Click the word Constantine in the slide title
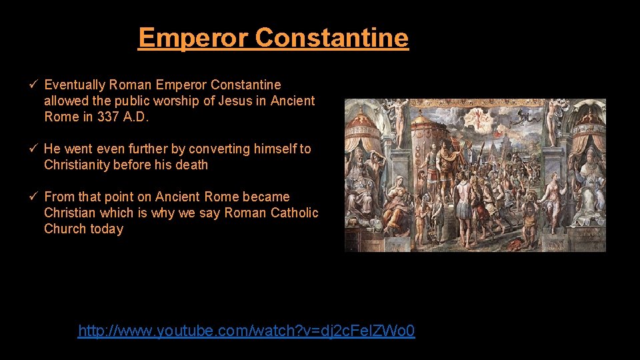point(331,37)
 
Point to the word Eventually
point(75,85)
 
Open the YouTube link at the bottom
point(246,331)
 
